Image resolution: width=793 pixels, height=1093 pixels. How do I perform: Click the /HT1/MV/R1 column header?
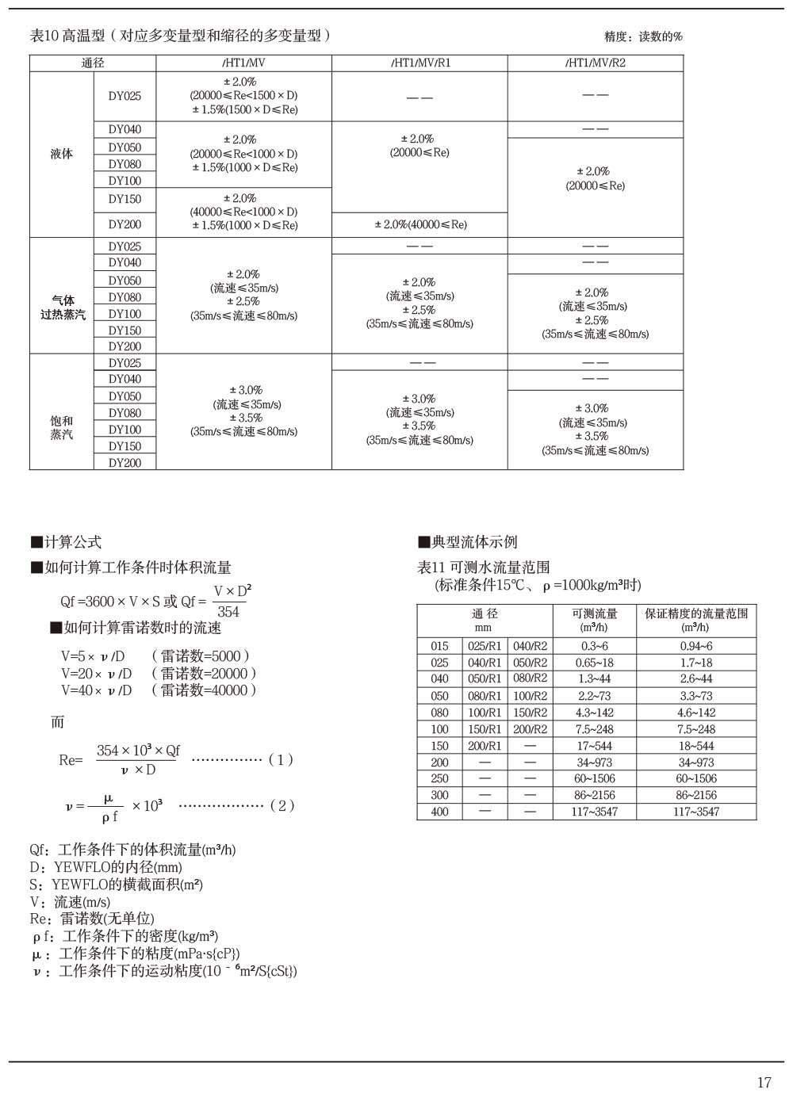419,63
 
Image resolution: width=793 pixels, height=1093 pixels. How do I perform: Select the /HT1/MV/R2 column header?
595,63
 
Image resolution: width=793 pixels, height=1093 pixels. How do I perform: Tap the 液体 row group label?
62,154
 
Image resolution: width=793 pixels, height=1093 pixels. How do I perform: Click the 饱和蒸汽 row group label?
62,427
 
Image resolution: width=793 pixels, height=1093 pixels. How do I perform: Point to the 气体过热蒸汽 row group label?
63,308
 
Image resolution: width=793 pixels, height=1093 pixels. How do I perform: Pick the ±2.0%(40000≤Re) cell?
420,224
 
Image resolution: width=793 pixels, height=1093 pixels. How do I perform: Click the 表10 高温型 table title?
180,36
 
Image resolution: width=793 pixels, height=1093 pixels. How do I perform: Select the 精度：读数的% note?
643,36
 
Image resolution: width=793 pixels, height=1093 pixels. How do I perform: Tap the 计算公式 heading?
67,542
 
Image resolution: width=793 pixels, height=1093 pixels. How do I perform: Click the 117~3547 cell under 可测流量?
594,812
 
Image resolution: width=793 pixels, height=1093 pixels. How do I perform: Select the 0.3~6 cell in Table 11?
594,646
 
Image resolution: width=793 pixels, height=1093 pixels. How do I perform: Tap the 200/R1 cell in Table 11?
485,746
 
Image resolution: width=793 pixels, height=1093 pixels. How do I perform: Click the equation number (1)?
281,759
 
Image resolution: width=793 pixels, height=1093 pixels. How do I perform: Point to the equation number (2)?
282,805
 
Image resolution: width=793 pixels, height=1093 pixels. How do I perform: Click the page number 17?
764,1082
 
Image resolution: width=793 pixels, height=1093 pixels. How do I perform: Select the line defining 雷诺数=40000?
159,690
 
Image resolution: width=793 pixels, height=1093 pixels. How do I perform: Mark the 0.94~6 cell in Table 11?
695,646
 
